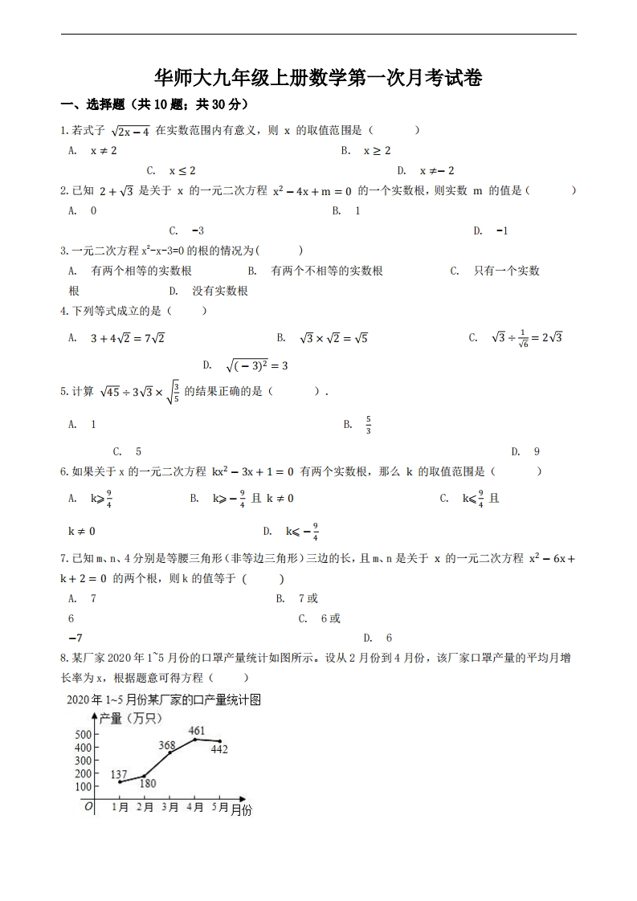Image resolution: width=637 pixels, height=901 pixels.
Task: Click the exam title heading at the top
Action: click(318, 78)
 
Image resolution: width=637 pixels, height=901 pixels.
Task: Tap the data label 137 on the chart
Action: click(119, 773)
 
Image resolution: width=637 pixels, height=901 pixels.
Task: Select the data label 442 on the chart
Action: click(218, 749)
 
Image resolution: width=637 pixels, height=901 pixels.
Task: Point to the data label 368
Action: click(167, 745)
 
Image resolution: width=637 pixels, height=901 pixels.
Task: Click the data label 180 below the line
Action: click(148, 784)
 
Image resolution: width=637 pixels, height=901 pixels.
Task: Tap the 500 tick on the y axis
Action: click(83, 734)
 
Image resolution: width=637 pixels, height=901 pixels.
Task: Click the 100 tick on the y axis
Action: click(83, 786)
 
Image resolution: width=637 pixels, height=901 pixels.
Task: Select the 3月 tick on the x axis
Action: click(169, 807)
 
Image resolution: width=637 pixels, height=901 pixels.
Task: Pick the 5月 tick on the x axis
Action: click(219, 807)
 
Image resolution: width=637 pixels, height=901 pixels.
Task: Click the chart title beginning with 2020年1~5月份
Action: click(164, 699)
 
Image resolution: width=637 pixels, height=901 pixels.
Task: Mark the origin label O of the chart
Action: click(88, 806)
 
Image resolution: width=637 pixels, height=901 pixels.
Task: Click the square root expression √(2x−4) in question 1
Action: click(130, 130)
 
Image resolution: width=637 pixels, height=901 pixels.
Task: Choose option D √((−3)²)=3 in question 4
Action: click(256, 365)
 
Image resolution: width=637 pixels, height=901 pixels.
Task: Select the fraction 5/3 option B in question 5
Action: click(368, 424)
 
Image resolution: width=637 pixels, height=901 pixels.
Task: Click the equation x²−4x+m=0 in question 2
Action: click(312, 190)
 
